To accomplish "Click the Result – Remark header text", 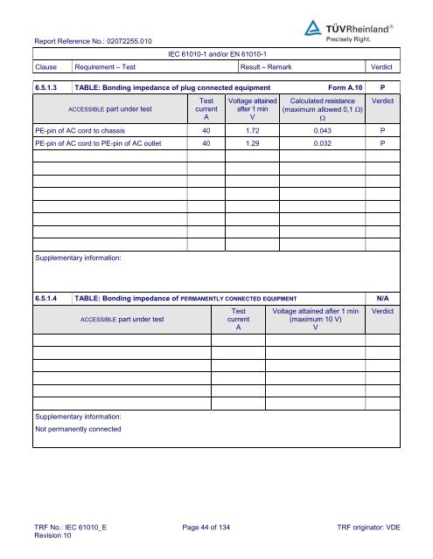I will coord(272,66).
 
